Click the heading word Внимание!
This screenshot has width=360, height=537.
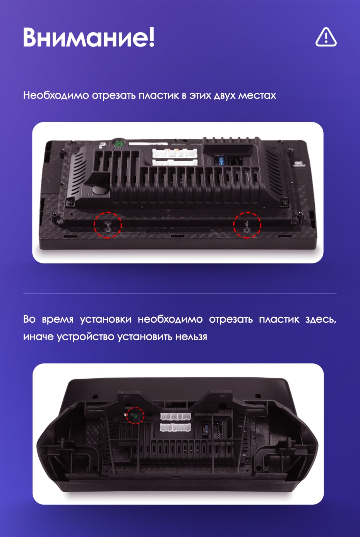[89, 38]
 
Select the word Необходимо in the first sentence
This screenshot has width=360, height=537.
[56, 95]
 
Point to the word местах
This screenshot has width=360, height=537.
[257, 96]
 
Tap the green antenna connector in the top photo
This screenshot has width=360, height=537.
[118, 144]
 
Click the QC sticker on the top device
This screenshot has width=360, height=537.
[300, 164]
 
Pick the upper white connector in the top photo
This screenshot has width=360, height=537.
[175, 153]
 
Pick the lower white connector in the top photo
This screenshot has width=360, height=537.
[175, 163]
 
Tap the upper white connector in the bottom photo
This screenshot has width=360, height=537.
[176, 417]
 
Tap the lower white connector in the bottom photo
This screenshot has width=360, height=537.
[176, 427]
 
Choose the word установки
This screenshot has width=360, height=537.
[106, 320]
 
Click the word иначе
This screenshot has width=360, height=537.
[38, 337]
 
